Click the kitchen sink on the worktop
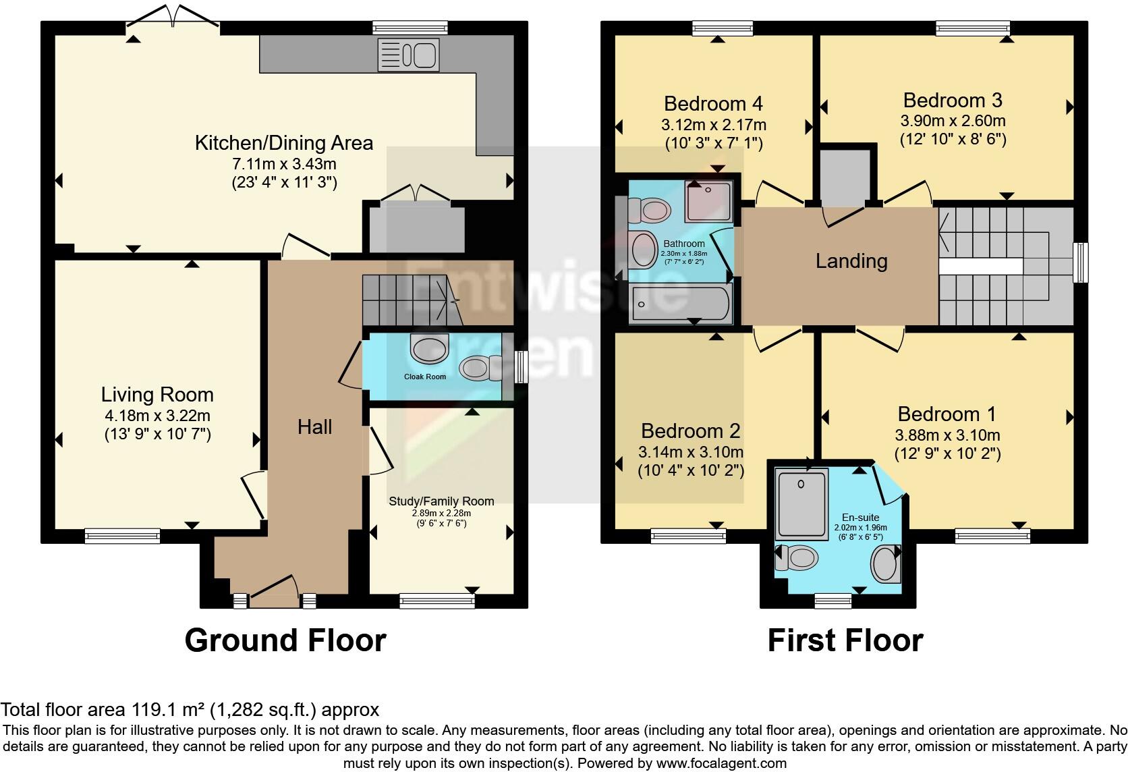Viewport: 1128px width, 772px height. (408, 54)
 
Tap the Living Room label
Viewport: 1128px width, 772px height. (157, 395)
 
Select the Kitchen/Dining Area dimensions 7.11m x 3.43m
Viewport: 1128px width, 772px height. (284, 164)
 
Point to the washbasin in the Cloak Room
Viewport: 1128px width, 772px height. (429, 349)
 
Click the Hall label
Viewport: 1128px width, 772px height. (315, 426)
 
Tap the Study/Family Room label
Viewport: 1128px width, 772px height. (441, 501)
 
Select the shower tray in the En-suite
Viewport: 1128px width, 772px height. (802, 503)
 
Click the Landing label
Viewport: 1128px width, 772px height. (851, 261)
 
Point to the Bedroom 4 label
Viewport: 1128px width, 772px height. (713, 103)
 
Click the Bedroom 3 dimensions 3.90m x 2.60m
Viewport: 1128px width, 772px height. (953, 121)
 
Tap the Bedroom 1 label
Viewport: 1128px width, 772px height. (947, 414)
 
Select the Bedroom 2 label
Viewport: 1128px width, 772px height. (690, 431)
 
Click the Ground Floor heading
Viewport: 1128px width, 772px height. (285, 640)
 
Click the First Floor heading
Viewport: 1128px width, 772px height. (845, 640)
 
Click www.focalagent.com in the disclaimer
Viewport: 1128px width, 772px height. (721, 763)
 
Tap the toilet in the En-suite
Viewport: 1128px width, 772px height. (797, 558)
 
